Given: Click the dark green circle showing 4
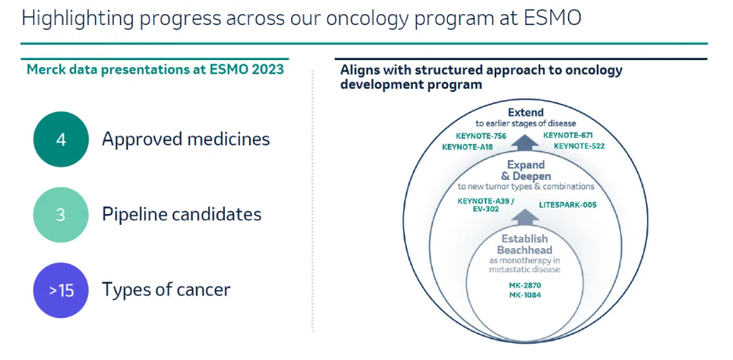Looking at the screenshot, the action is (x=61, y=139).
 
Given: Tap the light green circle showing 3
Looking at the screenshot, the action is (x=61, y=215).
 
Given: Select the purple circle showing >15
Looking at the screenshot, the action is (x=61, y=290).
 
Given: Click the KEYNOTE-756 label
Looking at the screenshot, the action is (x=480, y=136).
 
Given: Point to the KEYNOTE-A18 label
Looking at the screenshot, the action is (x=468, y=147).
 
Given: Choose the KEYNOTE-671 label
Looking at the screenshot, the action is (x=567, y=136).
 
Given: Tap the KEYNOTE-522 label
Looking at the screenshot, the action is (x=579, y=146).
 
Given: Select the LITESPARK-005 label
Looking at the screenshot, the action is (x=567, y=204).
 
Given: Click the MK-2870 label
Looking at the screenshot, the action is (x=525, y=286).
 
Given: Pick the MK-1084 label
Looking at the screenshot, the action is (x=525, y=296).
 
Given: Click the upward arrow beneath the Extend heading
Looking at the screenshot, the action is (x=525, y=141).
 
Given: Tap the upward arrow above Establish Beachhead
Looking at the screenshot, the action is (x=525, y=217).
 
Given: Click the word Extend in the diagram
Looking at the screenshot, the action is (x=526, y=113).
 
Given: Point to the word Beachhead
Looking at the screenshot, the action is (x=524, y=250).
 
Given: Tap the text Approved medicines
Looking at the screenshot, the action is (x=186, y=140).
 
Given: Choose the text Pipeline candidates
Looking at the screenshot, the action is (x=182, y=215).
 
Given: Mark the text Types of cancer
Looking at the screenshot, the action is (x=167, y=290).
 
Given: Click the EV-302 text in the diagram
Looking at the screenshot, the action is (x=487, y=210).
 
